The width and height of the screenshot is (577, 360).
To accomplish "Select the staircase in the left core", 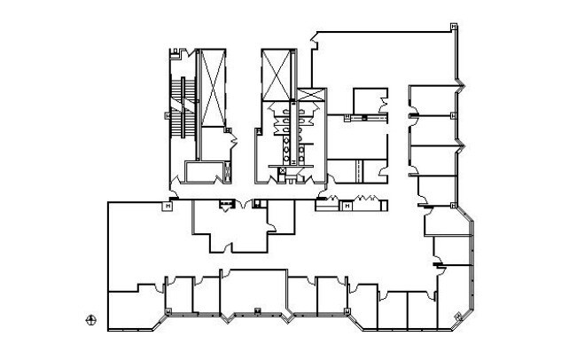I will (x=183, y=106).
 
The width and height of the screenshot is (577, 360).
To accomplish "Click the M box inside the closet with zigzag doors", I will (x=348, y=206).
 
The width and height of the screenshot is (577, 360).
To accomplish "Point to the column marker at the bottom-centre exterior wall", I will (x=255, y=309).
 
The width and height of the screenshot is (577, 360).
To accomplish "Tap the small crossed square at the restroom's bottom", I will (x=282, y=170).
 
